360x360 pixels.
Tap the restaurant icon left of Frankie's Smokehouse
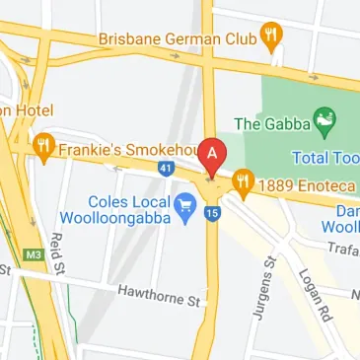point(43,149)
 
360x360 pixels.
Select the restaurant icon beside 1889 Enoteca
point(243,181)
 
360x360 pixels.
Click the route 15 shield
point(213,212)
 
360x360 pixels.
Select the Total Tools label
point(326,157)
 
